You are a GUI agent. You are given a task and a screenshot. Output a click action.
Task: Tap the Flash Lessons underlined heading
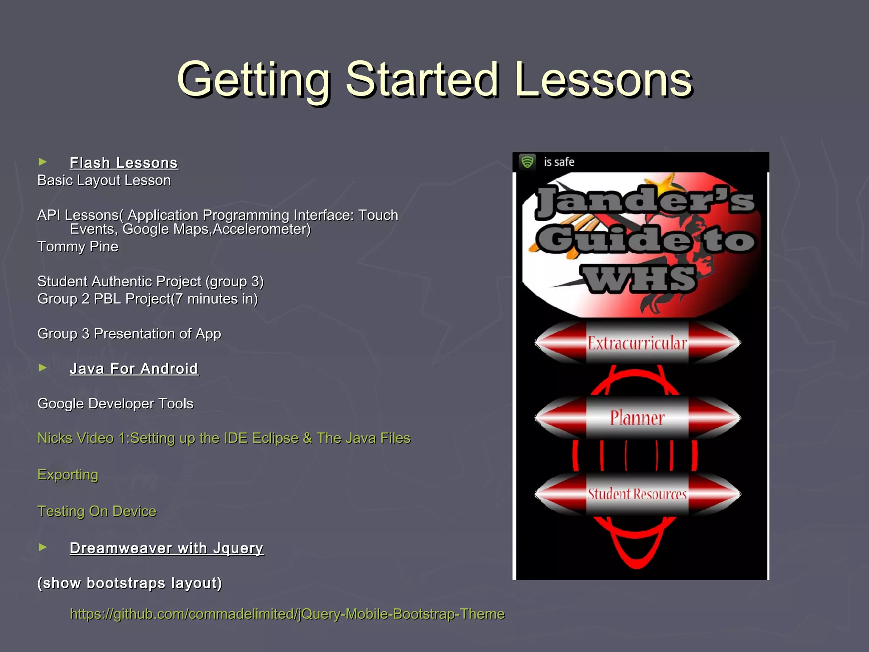(x=124, y=163)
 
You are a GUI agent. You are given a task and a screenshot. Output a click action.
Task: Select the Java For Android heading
(x=134, y=368)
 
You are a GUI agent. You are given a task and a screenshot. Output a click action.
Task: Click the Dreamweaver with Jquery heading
(x=167, y=548)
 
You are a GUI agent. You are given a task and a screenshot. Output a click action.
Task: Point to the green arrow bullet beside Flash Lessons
(x=42, y=162)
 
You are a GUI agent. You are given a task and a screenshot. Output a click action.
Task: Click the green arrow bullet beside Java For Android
(x=42, y=368)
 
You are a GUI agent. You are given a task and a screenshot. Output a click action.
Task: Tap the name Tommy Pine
(x=78, y=247)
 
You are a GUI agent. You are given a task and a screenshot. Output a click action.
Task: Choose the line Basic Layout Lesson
(x=104, y=180)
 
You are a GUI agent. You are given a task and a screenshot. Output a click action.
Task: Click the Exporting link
(x=68, y=475)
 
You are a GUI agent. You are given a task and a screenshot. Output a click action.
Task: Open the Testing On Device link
(x=97, y=511)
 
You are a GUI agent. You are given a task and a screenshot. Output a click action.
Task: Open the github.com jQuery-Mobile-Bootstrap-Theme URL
(x=287, y=614)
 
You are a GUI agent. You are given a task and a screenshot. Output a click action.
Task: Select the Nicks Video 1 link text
(x=224, y=438)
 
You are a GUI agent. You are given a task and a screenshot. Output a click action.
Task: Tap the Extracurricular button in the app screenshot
(x=637, y=343)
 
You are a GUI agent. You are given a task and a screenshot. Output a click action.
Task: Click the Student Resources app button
(x=637, y=494)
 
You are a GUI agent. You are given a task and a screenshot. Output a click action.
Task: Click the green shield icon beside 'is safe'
(x=527, y=162)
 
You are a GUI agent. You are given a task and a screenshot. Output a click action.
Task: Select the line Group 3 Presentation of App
(x=129, y=334)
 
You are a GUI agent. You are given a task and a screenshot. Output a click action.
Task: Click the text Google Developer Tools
(x=115, y=403)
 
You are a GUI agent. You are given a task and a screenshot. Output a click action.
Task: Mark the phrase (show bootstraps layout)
(x=129, y=583)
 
